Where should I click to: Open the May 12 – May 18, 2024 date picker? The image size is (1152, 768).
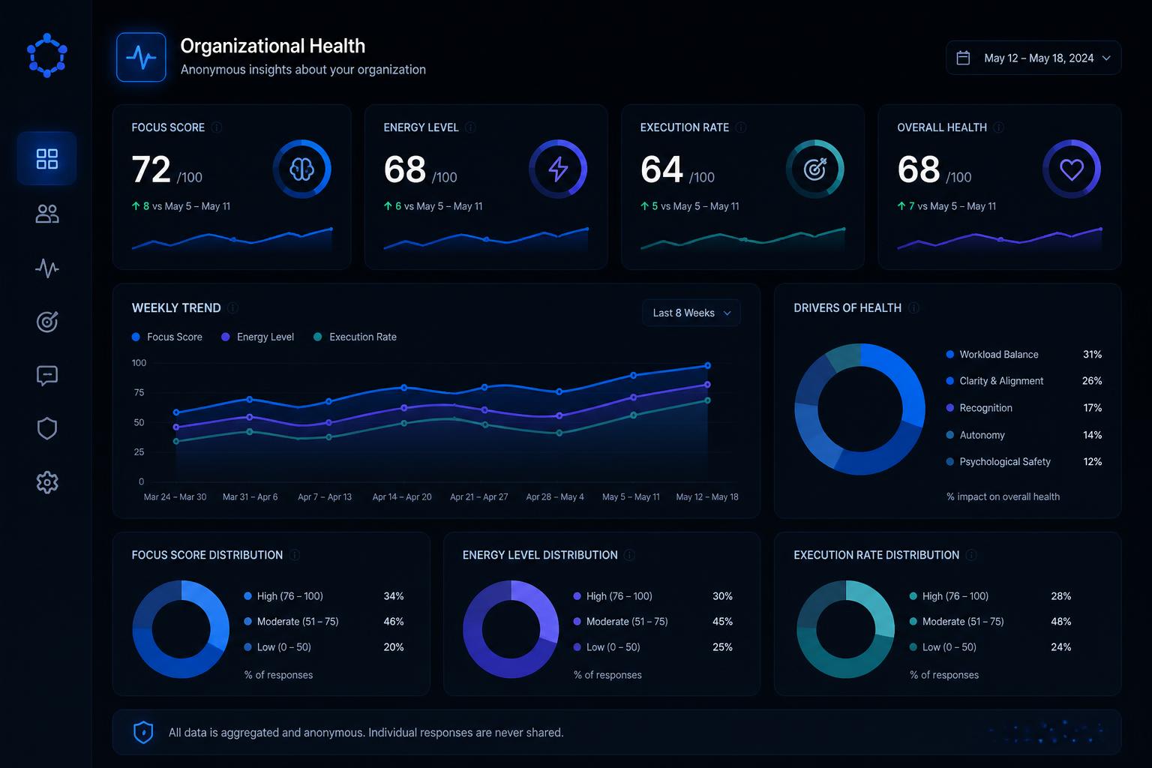click(1033, 58)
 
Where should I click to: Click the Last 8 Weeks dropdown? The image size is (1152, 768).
click(691, 313)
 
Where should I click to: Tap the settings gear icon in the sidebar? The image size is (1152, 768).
click(47, 482)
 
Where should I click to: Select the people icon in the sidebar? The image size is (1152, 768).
click(47, 214)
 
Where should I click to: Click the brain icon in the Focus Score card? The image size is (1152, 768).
click(302, 169)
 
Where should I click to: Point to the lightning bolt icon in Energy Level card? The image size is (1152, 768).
click(558, 169)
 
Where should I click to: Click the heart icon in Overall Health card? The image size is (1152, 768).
click(1072, 169)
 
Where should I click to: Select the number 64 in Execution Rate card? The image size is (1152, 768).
click(661, 169)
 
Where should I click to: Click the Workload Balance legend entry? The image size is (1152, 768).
click(992, 355)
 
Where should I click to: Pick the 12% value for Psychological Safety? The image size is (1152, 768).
click(1092, 461)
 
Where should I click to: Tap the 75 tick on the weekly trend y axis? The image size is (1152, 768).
click(139, 392)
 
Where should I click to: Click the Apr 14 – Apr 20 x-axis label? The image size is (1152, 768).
click(402, 497)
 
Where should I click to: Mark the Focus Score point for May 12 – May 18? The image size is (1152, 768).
click(708, 365)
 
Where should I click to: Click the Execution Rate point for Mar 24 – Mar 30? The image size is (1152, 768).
click(176, 441)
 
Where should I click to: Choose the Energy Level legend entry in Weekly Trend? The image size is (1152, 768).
click(258, 337)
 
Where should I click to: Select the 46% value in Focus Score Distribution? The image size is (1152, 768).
click(394, 622)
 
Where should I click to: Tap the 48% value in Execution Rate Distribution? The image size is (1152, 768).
click(1061, 622)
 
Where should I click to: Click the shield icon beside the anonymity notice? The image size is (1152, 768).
click(143, 733)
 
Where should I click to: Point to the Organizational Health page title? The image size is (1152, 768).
click(272, 46)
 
